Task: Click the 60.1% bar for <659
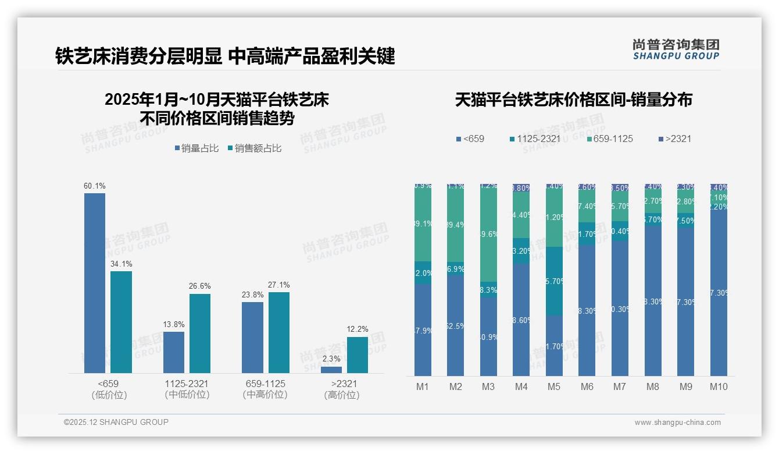point(95,283)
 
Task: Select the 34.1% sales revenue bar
point(121,322)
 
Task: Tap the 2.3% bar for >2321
point(331,370)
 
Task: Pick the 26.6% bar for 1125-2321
point(200,333)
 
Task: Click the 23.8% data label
point(252,295)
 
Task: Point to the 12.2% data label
point(358,329)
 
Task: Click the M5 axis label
point(554,386)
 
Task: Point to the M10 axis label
point(719,386)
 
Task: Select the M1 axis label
point(423,386)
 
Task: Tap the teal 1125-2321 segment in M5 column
point(554,281)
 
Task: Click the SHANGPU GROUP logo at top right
point(676,49)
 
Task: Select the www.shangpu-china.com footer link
point(677,423)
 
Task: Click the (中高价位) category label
point(265,395)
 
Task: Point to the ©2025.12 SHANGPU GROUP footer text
point(116,422)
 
